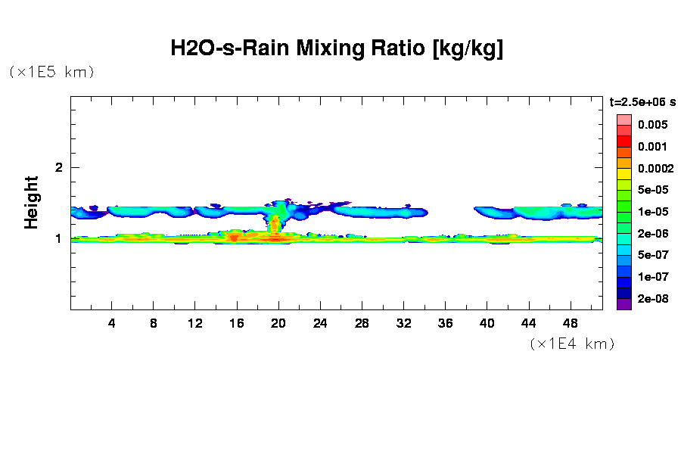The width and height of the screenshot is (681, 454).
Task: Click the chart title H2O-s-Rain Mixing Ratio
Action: pos(337,49)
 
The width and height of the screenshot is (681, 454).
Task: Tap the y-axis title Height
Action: pos(31,202)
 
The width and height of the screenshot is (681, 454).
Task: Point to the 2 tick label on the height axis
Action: pos(58,167)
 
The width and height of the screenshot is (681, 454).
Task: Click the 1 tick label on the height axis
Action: pos(58,238)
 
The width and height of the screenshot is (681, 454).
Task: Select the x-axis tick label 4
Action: pos(112,323)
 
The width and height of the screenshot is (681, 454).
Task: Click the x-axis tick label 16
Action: pos(237,323)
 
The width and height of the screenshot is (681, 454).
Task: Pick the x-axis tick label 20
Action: pos(278,323)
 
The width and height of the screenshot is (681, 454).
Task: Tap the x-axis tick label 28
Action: pos(362,323)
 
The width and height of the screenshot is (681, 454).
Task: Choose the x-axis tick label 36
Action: pos(445,323)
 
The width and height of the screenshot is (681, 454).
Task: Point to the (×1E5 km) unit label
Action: pos(51,73)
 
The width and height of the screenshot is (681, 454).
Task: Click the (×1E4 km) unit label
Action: pos(571,344)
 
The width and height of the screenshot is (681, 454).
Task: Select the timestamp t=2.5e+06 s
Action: pos(642,101)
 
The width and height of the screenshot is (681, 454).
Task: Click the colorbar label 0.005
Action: pos(651,124)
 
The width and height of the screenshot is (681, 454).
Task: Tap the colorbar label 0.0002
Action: pos(655,168)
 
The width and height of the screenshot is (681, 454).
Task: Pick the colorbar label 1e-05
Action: pos(652,212)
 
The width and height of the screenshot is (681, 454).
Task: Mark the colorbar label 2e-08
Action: pos(652,299)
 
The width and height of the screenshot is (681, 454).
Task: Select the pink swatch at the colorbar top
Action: pos(623,120)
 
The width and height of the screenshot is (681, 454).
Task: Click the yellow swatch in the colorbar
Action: pos(623,173)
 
